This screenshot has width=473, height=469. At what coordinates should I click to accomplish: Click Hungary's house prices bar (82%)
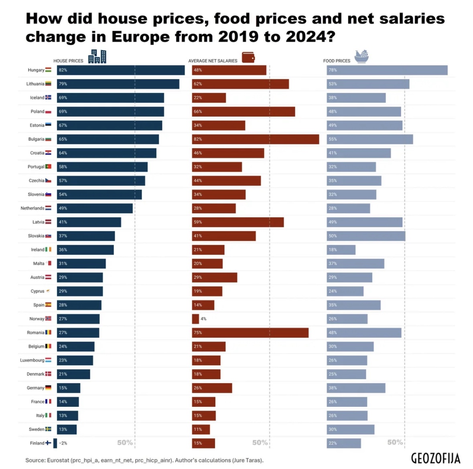[x=120, y=70]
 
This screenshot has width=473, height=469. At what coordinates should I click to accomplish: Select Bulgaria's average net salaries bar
[x=255, y=139]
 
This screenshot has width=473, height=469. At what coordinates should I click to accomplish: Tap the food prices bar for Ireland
[x=341, y=250]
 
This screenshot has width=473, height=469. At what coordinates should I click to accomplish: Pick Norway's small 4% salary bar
[x=195, y=319]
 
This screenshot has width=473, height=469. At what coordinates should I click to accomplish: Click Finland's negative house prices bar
[x=55, y=443]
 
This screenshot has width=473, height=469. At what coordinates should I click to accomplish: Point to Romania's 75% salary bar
[x=250, y=333]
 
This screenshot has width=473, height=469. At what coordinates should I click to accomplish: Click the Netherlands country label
[x=32, y=208]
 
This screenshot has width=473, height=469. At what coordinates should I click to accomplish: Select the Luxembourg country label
[x=32, y=360]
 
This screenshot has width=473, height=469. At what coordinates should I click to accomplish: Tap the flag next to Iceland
[x=48, y=97]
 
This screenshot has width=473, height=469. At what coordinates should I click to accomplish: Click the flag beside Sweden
[x=48, y=429]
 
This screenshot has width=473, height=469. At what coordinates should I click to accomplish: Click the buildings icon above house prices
[x=97, y=57]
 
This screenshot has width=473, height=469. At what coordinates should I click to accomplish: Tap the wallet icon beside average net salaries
[x=248, y=57]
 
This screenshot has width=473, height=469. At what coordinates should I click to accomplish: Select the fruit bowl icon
[x=361, y=57]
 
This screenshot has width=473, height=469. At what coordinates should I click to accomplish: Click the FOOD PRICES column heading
[x=337, y=61]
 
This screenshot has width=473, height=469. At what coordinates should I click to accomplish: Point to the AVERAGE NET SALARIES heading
[x=213, y=61]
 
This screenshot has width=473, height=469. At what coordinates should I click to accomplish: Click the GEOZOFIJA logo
[x=435, y=458]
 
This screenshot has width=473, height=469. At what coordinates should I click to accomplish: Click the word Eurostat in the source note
[x=58, y=460]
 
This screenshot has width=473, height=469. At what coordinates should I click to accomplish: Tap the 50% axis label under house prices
[x=125, y=443]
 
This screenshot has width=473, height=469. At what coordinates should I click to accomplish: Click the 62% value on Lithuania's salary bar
[x=198, y=84]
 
